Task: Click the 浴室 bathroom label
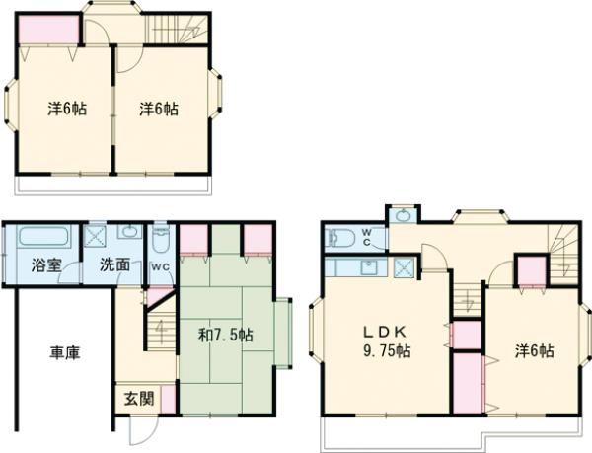[45, 265]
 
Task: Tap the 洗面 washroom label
[114, 265]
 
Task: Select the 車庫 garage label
[65, 353]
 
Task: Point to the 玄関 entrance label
[139, 399]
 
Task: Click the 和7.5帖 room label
[226, 335]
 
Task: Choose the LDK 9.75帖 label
[387, 341]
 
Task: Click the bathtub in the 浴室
[44, 237]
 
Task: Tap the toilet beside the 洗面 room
[161, 240]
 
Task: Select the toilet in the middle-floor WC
[341, 238]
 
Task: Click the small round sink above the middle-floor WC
[404, 215]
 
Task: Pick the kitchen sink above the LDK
[367, 268]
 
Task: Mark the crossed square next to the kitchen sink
[405, 268]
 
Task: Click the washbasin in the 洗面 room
[129, 231]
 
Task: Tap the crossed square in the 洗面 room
[94, 235]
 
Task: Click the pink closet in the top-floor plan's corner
[48, 29]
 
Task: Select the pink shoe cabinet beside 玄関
[168, 400]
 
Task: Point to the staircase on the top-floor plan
[177, 28]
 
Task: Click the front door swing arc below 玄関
[144, 431]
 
